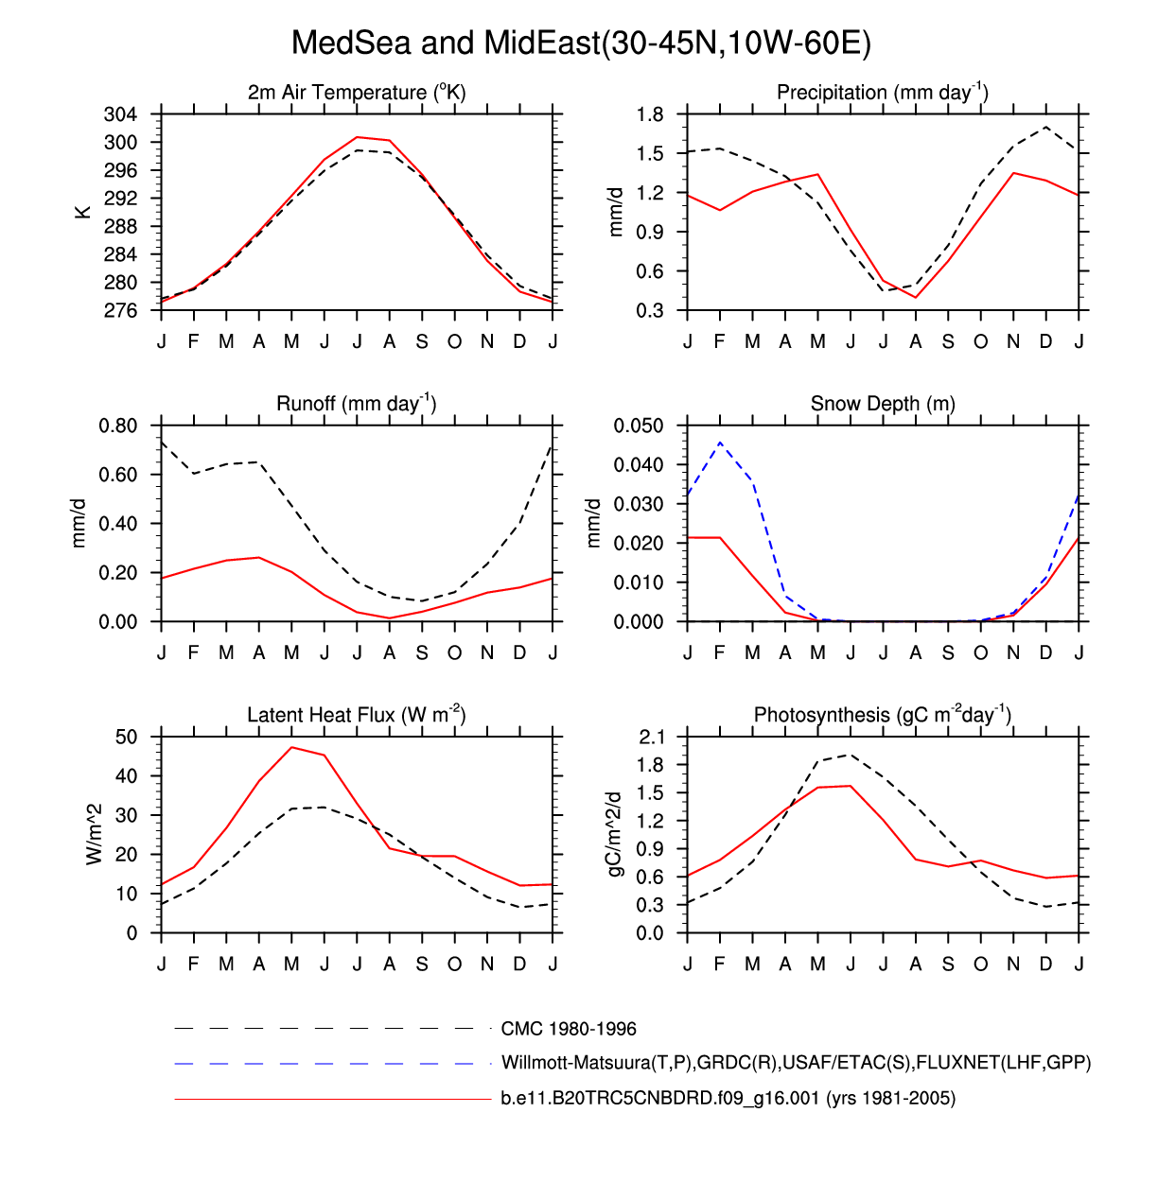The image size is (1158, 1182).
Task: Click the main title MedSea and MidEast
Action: tap(580, 43)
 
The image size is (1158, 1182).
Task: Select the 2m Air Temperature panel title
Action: tap(357, 93)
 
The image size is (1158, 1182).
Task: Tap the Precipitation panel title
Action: tap(882, 93)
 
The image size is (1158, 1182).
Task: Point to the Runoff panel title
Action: tap(356, 404)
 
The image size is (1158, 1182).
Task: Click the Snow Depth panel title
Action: tap(883, 404)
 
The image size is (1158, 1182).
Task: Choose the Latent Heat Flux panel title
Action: tap(356, 715)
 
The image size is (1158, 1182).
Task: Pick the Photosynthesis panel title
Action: tap(882, 715)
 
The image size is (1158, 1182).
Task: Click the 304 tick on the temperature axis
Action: tap(120, 114)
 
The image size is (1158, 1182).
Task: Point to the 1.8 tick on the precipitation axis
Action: tap(650, 114)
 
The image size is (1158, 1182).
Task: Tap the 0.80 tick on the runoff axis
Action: tap(117, 426)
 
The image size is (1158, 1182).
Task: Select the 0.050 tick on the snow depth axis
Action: tap(640, 426)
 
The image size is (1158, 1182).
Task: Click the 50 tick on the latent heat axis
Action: tap(126, 737)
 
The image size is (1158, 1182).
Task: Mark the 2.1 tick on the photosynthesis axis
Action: tap(653, 737)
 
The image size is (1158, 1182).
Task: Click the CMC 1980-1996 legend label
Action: tap(569, 1029)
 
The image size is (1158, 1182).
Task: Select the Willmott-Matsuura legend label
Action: tap(796, 1063)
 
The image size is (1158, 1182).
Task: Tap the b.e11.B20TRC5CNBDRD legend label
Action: tap(728, 1099)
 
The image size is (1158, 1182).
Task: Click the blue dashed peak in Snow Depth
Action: tap(721, 442)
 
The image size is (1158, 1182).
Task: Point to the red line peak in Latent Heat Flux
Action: tap(292, 747)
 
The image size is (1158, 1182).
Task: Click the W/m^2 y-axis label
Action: tap(94, 834)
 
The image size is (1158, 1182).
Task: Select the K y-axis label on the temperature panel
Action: tap(83, 212)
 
